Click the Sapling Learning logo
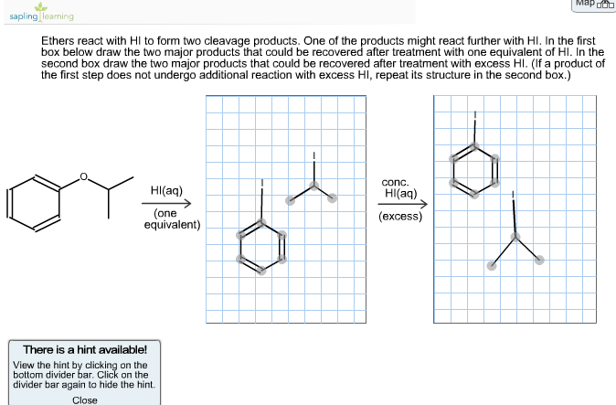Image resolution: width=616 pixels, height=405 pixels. [38, 13]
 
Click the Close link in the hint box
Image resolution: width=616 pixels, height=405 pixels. [84, 400]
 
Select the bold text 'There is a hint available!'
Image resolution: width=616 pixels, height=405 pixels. [84, 350]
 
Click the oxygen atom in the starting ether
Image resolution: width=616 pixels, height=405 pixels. [84, 176]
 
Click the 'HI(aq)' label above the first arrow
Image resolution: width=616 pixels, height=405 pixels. [166, 191]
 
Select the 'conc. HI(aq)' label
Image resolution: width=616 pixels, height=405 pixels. [400, 187]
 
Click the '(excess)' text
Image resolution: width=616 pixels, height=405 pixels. [400, 217]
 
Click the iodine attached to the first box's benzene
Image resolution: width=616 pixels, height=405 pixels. [262, 183]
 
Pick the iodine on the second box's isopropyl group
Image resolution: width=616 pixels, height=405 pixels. [515, 195]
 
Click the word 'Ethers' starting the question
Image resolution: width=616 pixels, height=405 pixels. [58, 42]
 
